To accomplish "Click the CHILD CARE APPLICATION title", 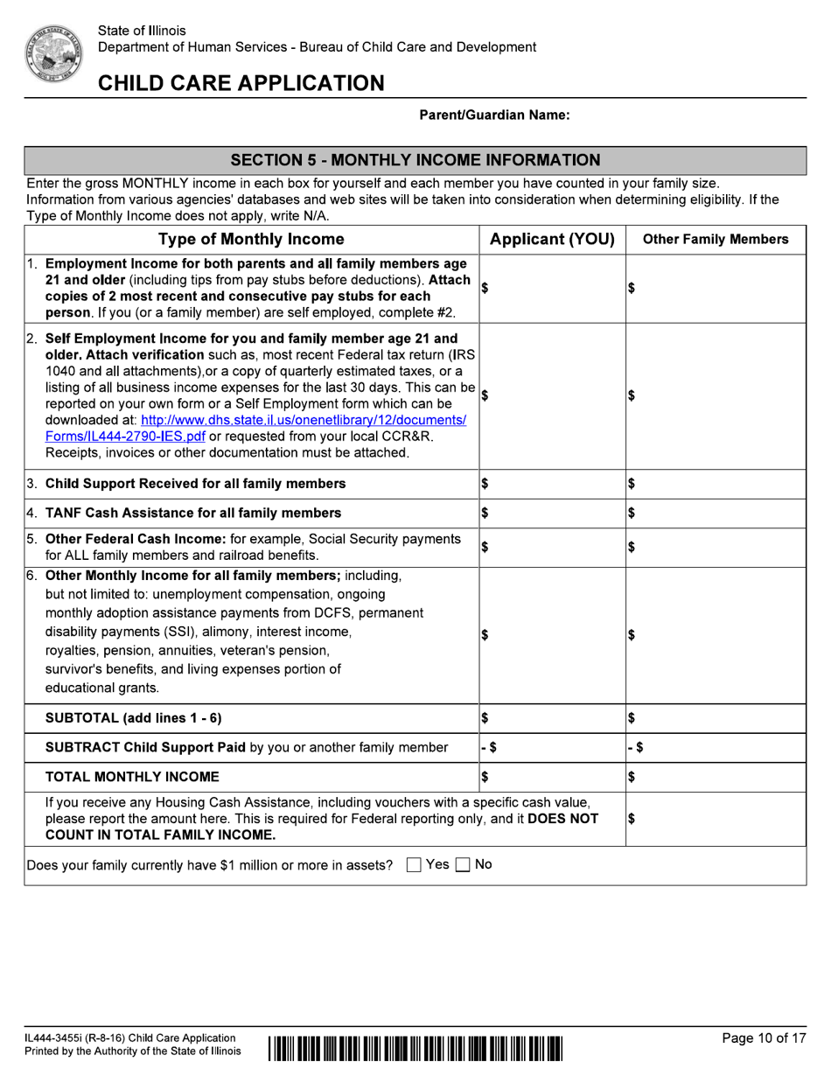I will [241, 83].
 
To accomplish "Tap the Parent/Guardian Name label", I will [494, 115].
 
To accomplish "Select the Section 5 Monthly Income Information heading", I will [415, 160].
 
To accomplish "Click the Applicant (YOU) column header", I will [552, 240].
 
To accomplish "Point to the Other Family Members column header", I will [716, 240].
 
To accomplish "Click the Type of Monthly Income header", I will [251, 240].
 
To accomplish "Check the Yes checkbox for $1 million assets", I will [415, 865].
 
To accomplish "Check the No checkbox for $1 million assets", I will [464, 865].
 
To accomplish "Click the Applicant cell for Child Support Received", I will [552, 484].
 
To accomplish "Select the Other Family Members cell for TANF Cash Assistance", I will [716, 514].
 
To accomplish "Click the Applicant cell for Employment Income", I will [552, 288].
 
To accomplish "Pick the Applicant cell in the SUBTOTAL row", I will [552, 718].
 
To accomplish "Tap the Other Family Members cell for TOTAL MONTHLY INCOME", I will [716, 777].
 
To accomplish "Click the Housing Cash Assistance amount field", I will [716, 819].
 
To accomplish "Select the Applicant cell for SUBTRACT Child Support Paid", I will [552, 748].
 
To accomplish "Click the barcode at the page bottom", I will [415, 1046].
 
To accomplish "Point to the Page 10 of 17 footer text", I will [764, 1038].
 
